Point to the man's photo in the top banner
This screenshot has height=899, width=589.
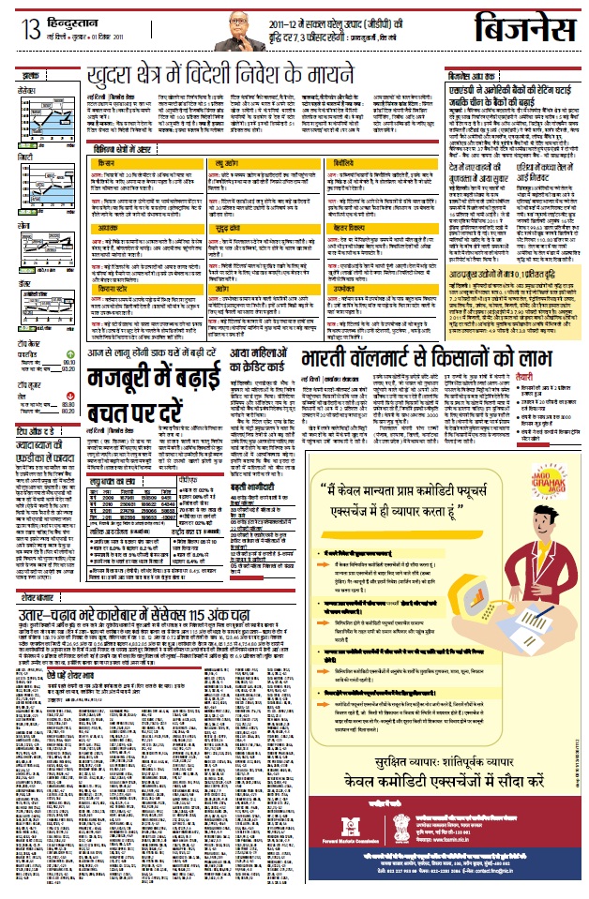click(x=230, y=32)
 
